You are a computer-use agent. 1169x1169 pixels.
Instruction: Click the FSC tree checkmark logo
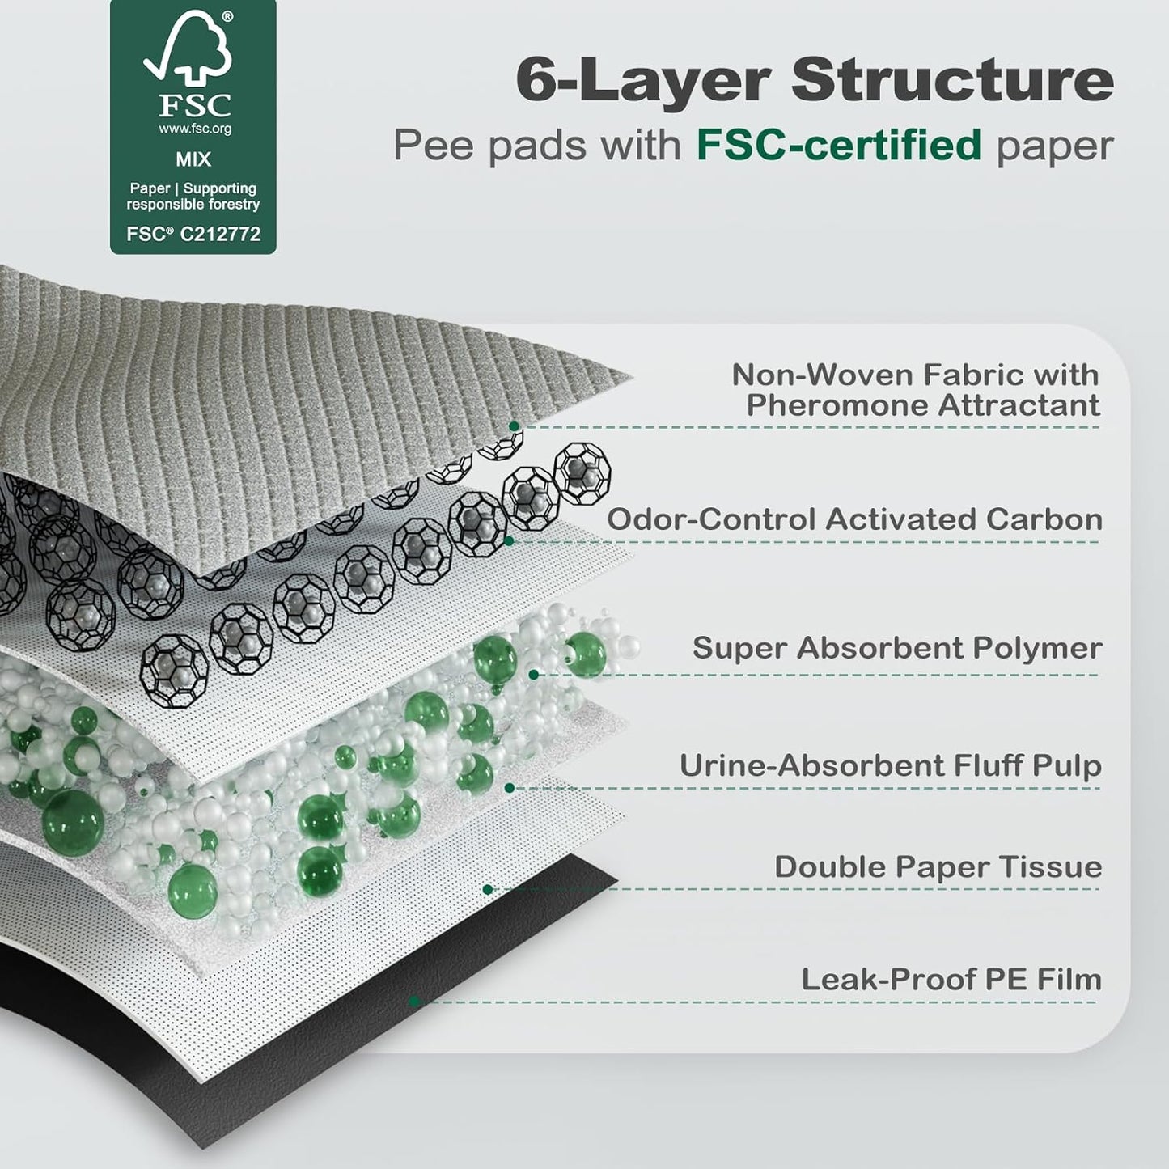point(187,50)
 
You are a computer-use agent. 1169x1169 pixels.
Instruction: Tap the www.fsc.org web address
point(194,129)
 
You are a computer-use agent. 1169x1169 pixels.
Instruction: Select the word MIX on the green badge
point(193,159)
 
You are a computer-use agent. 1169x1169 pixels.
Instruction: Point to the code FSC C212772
point(193,234)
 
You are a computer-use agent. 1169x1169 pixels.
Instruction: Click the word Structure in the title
point(952,79)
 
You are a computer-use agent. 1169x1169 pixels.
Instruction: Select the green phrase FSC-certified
point(839,146)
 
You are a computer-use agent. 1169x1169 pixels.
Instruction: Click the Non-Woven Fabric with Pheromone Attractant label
point(915,389)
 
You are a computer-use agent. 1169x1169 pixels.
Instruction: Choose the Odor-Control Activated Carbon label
point(855,519)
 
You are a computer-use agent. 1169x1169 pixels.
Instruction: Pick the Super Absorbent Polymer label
point(897,648)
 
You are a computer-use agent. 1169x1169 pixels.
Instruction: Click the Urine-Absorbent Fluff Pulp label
point(890,765)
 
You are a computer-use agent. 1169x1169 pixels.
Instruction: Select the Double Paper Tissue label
point(938,866)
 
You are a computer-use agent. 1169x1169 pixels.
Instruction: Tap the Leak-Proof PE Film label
point(951,979)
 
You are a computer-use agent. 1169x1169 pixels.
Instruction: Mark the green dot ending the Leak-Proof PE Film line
point(414,1002)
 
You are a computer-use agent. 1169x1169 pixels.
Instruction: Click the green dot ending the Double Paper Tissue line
point(487,890)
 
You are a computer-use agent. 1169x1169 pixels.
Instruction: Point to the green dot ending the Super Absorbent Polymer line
point(533,674)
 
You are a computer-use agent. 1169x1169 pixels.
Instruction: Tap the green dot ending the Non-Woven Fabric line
point(514,426)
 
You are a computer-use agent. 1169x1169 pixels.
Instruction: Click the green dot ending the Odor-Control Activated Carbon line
point(508,540)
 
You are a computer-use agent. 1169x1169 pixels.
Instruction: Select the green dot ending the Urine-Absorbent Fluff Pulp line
point(510,787)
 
